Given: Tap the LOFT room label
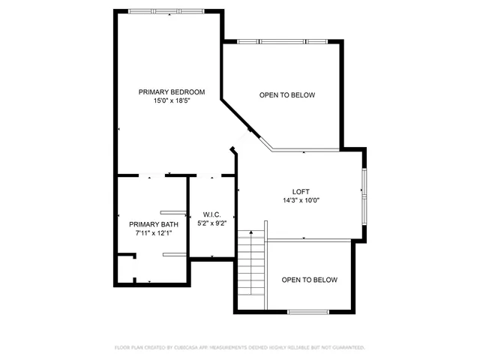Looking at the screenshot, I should click(x=301, y=191).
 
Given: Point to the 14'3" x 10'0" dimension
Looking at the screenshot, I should click(x=301, y=200).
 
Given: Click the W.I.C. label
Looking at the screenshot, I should click(x=211, y=214).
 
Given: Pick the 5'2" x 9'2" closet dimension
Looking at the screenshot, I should click(x=211, y=223).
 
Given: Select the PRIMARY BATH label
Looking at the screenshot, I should click(x=154, y=224).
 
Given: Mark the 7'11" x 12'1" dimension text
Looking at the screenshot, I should click(x=154, y=233).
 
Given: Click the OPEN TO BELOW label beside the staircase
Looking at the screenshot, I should click(x=309, y=280).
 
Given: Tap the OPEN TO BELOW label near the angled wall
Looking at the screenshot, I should click(x=286, y=95).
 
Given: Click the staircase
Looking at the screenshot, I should click(x=251, y=262).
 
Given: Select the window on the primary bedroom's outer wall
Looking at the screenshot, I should click(x=165, y=11).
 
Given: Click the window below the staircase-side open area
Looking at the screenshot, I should click(x=308, y=311).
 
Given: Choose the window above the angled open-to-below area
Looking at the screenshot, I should click(x=286, y=41).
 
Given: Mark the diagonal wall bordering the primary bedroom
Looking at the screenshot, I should click(x=244, y=120).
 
